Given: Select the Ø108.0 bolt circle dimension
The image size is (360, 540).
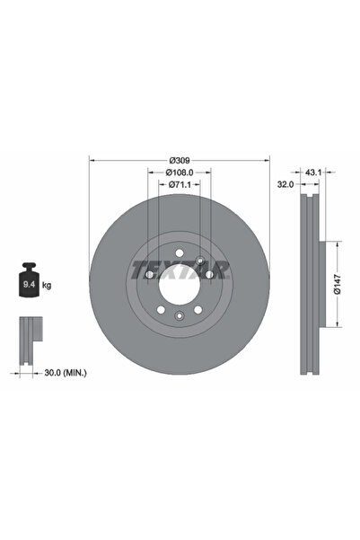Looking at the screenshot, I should [179, 173].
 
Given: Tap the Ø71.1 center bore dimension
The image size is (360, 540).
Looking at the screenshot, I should [179, 185].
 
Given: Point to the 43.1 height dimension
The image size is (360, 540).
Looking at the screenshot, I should [314, 171].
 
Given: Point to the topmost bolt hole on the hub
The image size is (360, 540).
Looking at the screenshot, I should [179, 252].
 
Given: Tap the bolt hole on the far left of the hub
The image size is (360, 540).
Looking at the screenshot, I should [149, 274].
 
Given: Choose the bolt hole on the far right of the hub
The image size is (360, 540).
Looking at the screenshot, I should [209, 274].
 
